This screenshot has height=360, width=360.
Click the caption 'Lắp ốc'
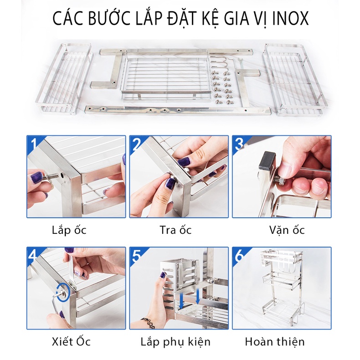[69, 230]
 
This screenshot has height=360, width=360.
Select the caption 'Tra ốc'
[175, 230]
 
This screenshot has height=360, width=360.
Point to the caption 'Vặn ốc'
[287, 230]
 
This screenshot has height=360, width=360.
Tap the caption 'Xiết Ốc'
[71, 341]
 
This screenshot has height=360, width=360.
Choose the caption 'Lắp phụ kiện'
[175, 342]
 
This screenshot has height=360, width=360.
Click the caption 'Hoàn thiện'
[275, 342]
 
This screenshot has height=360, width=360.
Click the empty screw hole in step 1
[62, 176]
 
